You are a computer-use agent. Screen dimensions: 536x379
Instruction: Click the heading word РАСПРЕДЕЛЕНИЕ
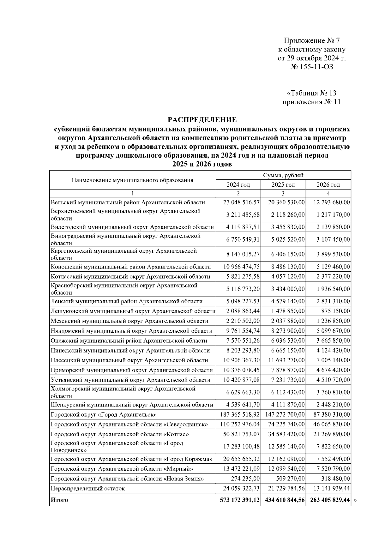pos(202,120)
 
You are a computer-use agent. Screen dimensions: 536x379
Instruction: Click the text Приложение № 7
pos(311,41)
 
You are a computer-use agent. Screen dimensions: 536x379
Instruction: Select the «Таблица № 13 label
pos(311,93)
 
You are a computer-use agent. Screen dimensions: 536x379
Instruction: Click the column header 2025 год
pos(283,185)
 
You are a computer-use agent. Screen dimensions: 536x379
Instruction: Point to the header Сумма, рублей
pos(283,175)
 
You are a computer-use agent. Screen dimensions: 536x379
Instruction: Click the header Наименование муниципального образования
pos(132,180)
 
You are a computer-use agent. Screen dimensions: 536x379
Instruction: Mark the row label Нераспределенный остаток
pos(87,489)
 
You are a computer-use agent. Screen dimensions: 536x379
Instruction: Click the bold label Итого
pos(59,500)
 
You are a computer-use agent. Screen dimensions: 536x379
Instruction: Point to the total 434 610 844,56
pos(283,500)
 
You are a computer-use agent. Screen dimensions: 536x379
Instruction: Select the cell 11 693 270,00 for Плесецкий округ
pos(286,360)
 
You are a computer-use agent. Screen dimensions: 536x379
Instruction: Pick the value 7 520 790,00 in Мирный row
pos(331,469)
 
